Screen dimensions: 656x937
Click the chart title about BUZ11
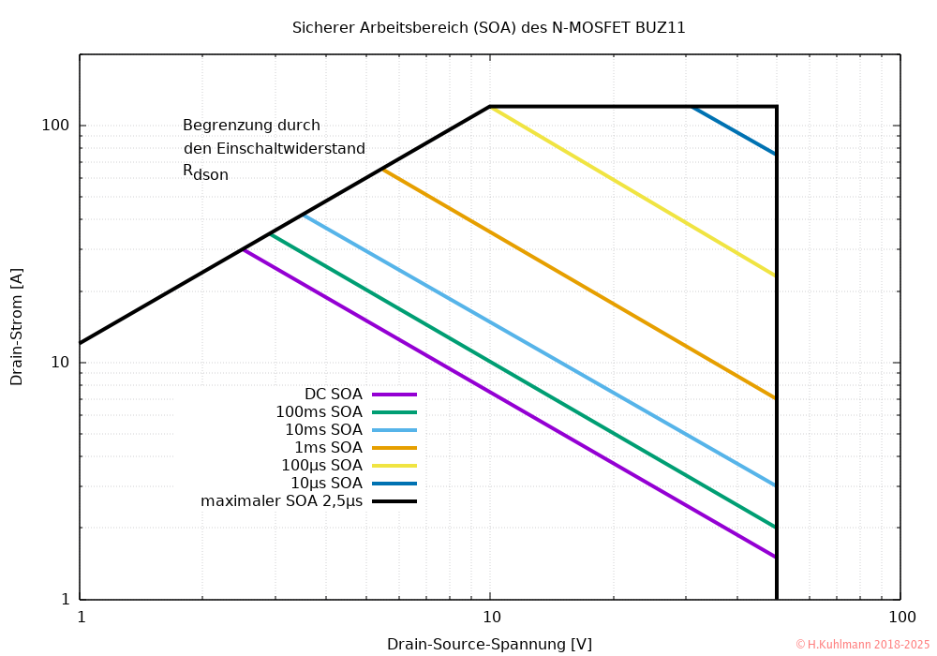pos(489,28)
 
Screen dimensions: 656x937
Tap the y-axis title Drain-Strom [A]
pos(17,327)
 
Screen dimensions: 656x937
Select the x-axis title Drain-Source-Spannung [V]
pos(489,644)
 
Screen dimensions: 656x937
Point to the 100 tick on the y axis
pos(62,126)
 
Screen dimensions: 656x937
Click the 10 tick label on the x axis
pos(490,617)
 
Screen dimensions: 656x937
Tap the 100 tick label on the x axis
pos(901,617)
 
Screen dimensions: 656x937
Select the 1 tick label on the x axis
pos(81,617)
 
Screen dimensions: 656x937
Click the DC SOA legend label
pos(333,394)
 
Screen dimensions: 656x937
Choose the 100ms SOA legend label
pos(319,411)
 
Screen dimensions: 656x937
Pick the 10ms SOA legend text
pos(323,429)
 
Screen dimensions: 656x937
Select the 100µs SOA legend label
pos(321,465)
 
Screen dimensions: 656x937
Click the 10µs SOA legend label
pos(326,483)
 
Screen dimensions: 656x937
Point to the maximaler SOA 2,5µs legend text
pos(281,501)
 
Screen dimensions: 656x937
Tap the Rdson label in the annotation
pos(205,172)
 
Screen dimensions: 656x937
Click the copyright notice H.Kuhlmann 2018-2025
pos(862,644)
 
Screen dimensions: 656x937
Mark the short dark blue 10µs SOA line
pos(734,130)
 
